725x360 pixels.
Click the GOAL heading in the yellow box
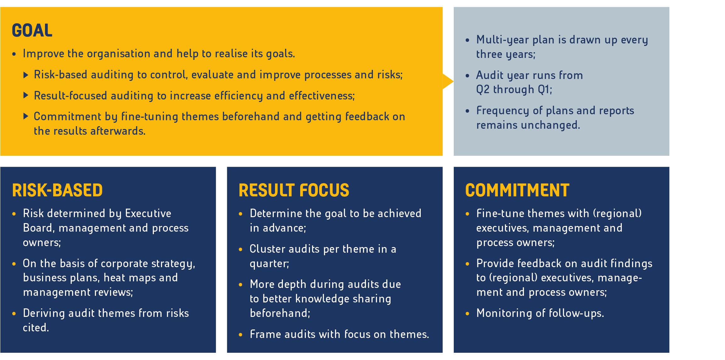point(32,31)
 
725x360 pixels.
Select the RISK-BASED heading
point(57,190)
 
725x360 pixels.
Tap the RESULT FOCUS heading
point(294,190)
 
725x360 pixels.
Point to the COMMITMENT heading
point(517,190)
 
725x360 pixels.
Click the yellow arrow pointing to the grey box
point(448,82)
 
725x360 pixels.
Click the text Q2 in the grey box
point(483,89)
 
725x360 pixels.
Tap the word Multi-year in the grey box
point(503,40)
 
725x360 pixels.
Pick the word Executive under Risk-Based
point(148,213)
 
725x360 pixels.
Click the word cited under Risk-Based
point(36,328)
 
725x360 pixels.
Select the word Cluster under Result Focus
point(267,249)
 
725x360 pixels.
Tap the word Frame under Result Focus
point(265,334)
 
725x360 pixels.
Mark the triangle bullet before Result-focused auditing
point(26,95)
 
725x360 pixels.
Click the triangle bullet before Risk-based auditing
point(26,74)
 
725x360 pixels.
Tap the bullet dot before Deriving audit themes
point(14,314)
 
